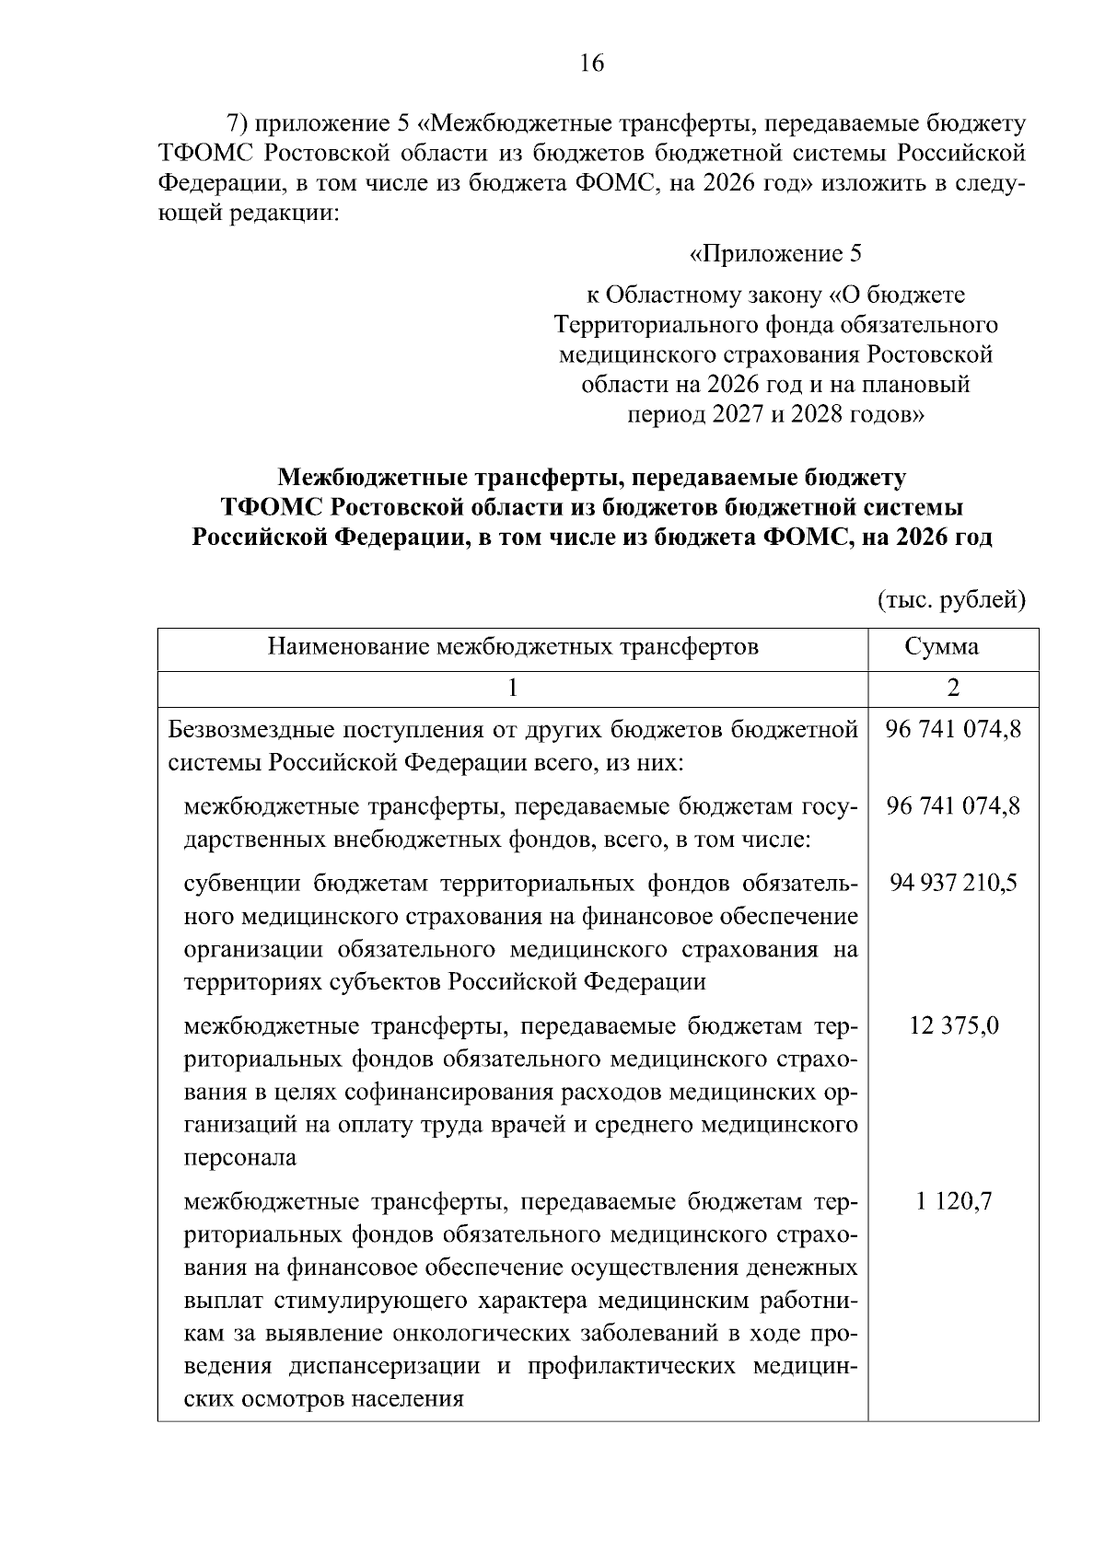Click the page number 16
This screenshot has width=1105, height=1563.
point(592,64)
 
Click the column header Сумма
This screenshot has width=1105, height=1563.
point(953,647)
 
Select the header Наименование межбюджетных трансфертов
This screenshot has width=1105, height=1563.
point(513,647)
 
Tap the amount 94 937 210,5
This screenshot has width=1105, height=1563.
point(953,884)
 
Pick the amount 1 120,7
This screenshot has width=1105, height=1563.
point(953,1202)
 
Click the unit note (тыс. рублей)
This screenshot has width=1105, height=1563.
point(950,601)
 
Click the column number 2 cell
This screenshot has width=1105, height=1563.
point(953,689)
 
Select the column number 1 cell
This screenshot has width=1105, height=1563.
point(513,689)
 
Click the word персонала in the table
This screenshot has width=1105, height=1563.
point(240,1158)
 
